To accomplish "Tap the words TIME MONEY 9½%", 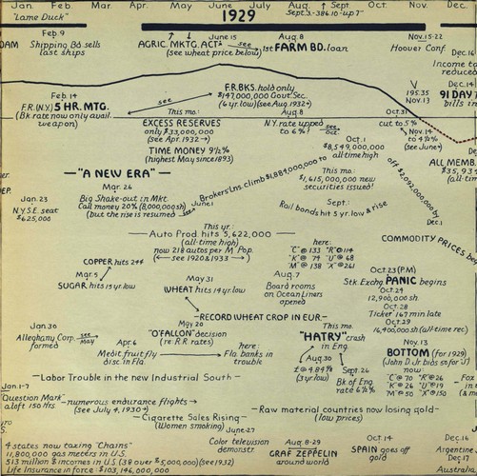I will click(188, 149).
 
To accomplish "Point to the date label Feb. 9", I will click(53, 31).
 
